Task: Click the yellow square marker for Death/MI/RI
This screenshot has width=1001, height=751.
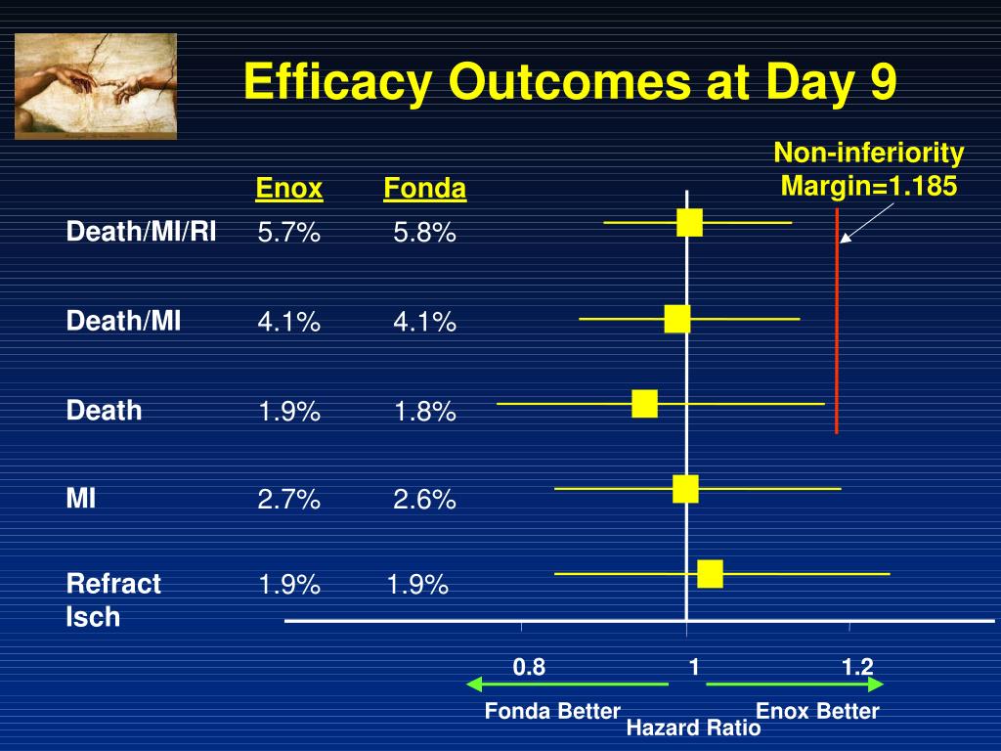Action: click(689, 223)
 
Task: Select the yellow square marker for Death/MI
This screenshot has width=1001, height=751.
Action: click(676, 319)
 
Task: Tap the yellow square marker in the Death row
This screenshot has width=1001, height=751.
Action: click(644, 404)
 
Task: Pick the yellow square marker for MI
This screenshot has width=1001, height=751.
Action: click(685, 488)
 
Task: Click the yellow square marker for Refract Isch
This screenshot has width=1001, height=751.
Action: click(710, 574)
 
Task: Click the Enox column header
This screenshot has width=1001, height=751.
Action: click(289, 188)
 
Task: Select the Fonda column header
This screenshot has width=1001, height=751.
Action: click(424, 188)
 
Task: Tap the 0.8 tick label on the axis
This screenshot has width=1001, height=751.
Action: click(529, 667)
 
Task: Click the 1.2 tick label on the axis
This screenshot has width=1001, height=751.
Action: click(857, 667)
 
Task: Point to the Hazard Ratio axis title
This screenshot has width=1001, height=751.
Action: click(693, 728)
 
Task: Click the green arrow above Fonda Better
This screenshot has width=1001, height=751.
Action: click(567, 684)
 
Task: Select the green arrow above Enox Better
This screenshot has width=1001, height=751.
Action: click(795, 684)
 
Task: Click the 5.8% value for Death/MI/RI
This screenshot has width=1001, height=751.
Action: click(424, 233)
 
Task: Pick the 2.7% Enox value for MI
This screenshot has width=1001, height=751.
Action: click(289, 500)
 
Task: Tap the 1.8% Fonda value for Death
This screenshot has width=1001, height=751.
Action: click(424, 412)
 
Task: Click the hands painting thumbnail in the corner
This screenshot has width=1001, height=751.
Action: click(96, 86)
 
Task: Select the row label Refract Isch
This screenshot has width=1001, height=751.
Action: click(113, 599)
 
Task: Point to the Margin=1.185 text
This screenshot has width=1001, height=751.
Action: click(869, 185)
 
